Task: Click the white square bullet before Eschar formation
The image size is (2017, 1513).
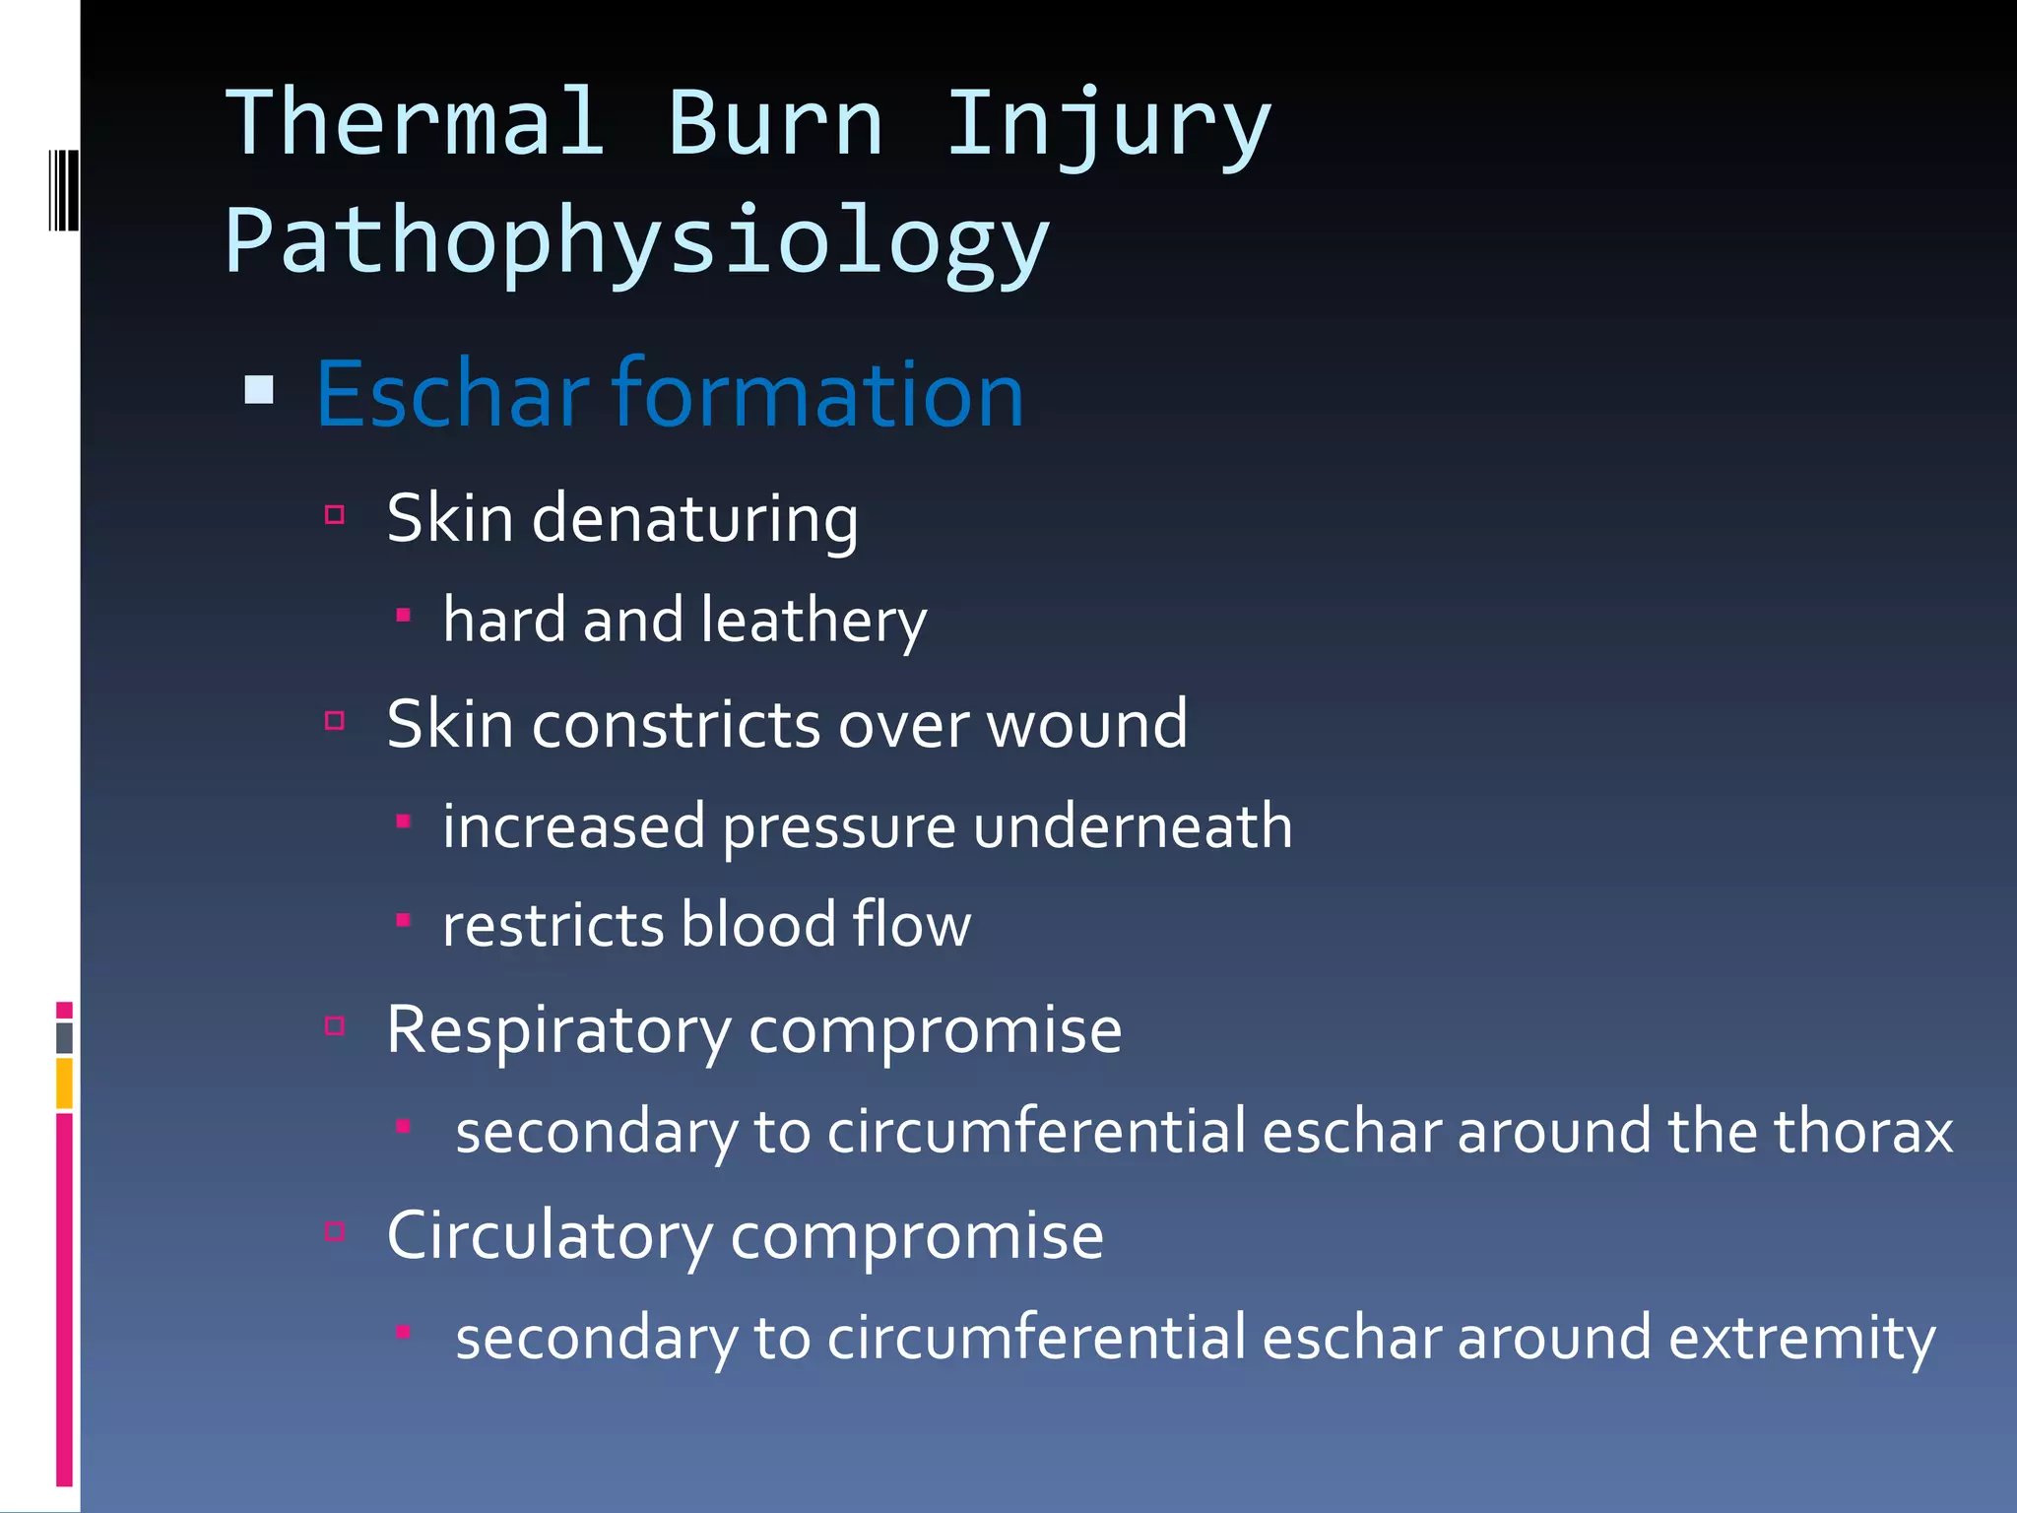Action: [259, 390]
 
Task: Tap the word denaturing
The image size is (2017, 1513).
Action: [694, 519]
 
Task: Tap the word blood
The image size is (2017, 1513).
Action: [757, 926]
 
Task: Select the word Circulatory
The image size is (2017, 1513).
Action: [550, 1237]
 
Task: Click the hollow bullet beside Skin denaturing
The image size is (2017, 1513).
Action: [335, 514]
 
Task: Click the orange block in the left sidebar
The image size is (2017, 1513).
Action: [64, 1084]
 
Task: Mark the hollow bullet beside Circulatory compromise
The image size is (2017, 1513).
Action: [335, 1231]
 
